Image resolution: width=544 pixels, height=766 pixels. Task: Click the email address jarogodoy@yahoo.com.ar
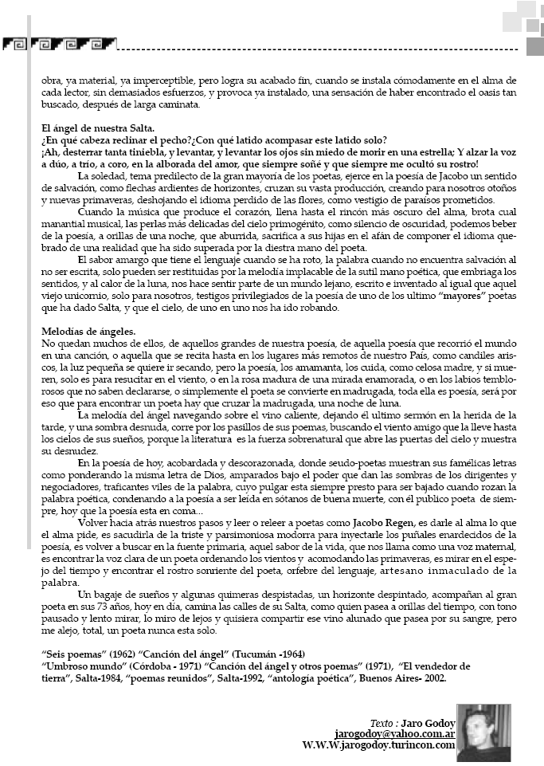click(394, 733)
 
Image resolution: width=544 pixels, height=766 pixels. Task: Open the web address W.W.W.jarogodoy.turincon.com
click(378, 744)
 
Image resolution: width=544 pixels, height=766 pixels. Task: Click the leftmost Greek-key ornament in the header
click(14, 42)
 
